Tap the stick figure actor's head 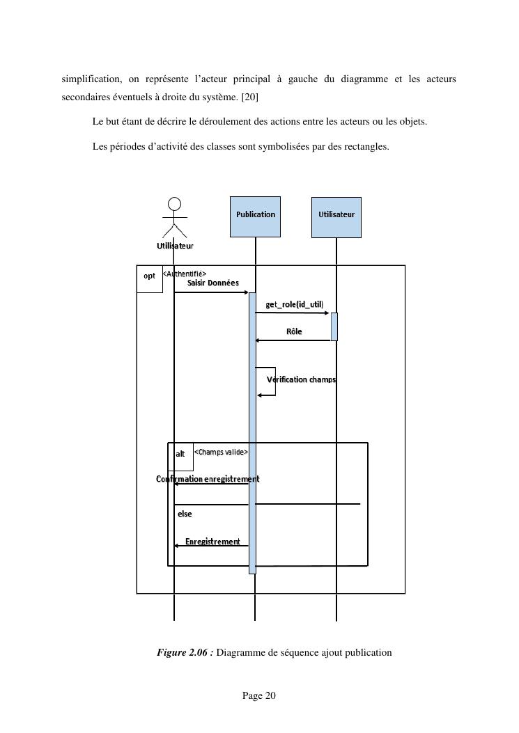click(x=175, y=203)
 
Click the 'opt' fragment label click(x=149, y=276)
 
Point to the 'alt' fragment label click(x=180, y=453)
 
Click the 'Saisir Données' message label click(x=212, y=283)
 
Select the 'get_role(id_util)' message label click(x=294, y=304)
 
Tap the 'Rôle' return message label click(x=294, y=331)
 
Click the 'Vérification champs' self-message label click(x=302, y=379)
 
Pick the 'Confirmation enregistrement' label click(x=208, y=479)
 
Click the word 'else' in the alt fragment click(x=184, y=514)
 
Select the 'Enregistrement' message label click(x=212, y=542)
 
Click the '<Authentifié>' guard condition click(x=185, y=274)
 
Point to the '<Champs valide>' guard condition click(x=220, y=452)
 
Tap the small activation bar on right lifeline click(x=334, y=326)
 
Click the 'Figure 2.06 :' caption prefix click(x=185, y=652)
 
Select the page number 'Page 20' click(x=259, y=695)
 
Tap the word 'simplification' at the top click(x=88, y=79)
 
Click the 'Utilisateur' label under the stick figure click(x=174, y=246)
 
